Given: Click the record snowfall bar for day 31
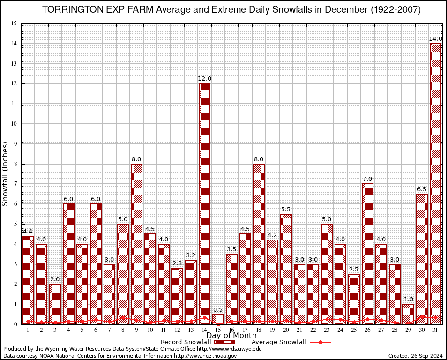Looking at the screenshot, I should pyautogui.click(x=435, y=183).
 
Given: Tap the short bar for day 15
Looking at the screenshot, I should pyautogui.click(x=218, y=319).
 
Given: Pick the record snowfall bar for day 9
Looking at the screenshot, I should pyautogui.click(x=136, y=243).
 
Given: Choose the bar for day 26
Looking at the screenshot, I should pyautogui.click(x=367, y=253).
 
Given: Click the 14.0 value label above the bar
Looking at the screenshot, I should pyautogui.click(x=435, y=38).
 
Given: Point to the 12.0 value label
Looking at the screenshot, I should pyautogui.click(x=204, y=78).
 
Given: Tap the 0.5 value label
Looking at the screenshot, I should pyautogui.click(x=218, y=309).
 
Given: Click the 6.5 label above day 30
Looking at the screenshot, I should pyautogui.click(x=422, y=189).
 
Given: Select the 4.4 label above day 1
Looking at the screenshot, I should pyautogui.click(x=28, y=231).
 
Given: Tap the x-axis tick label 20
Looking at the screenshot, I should pyautogui.click(x=286, y=330).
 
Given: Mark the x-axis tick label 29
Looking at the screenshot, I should pyautogui.click(x=408, y=330).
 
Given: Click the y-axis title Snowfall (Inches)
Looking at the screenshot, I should pyautogui.click(x=6, y=174).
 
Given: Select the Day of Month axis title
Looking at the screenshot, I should pyautogui.click(x=231, y=335).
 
